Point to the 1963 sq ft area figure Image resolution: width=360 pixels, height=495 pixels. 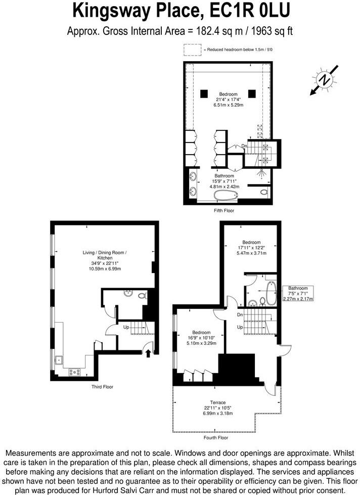pyautogui.click(x=269, y=31)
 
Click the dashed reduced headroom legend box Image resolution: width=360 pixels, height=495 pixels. pyautogui.click(x=192, y=50)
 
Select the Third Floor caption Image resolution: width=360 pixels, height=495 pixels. pyautogui.click(x=102, y=387)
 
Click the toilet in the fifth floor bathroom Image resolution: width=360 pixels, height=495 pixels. pyautogui.click(x=264, y=193)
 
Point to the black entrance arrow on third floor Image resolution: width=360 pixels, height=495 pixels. pyautogui.click(x=148, y=353)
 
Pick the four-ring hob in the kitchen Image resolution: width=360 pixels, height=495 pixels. pyautogui.click(x=76, y=373)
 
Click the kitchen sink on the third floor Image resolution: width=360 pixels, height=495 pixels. pyautogui.click(x=60, y=360)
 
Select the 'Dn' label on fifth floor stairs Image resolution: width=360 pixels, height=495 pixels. pyautogui.click(x=244, y=146)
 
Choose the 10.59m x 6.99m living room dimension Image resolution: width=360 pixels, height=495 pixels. pyautogui.click(x=106, y=269)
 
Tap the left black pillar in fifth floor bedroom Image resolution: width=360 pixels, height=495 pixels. pyautogui.click(x=204, y=93)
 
